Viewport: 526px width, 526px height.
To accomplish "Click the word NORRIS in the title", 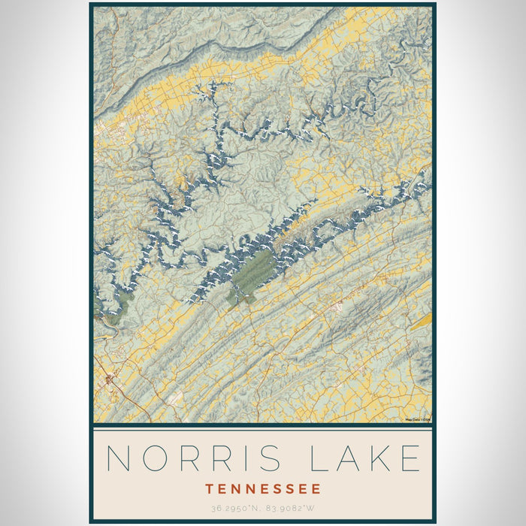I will (x=194, y=458).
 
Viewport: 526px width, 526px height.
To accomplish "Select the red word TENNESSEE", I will (x=262, y=489).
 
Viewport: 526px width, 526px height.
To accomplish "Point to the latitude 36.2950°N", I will (x=230, y=509).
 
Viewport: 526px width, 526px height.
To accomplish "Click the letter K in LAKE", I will (x=376, y=458).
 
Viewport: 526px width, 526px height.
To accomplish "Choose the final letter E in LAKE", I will (x=410, y=458).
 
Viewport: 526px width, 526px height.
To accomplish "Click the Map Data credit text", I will (x=417, y=419).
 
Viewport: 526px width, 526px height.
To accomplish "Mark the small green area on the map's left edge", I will (x=97, y=304).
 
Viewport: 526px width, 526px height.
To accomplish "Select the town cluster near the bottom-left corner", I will (x=110, y=380).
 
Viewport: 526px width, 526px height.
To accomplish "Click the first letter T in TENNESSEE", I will (x=209, y=489).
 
